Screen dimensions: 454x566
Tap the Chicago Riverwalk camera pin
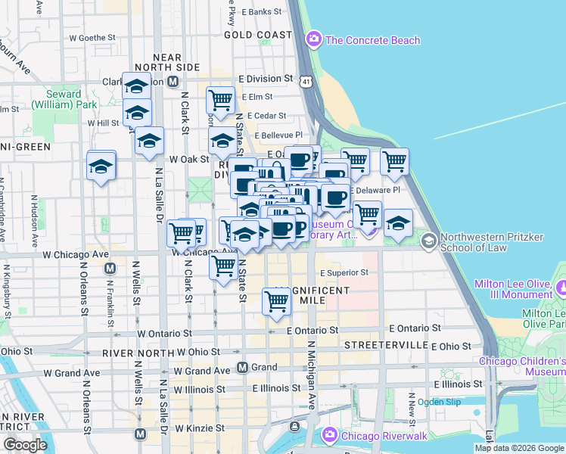click(x=329, y=435)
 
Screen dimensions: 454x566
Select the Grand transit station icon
click(x=243, y=368)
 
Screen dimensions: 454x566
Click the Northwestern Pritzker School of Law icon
click(x=428, y=241)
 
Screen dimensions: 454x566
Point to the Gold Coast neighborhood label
click(x=258, y=35)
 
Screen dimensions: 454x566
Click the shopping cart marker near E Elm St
click(x=220, y=99)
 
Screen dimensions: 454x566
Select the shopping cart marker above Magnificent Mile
click(x=278, y=300)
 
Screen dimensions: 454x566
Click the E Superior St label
click(x=344, y=272)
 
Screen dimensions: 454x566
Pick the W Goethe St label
click(x=92, y=36)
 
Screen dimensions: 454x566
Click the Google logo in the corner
click(x=25, y=445)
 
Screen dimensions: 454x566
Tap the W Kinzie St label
click(x=197, y=428)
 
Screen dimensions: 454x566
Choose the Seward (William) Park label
click(x=57, y=100)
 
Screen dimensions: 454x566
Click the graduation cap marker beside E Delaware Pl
click(x=398, y=223)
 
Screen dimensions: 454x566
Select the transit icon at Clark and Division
click(x=173, y=82)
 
